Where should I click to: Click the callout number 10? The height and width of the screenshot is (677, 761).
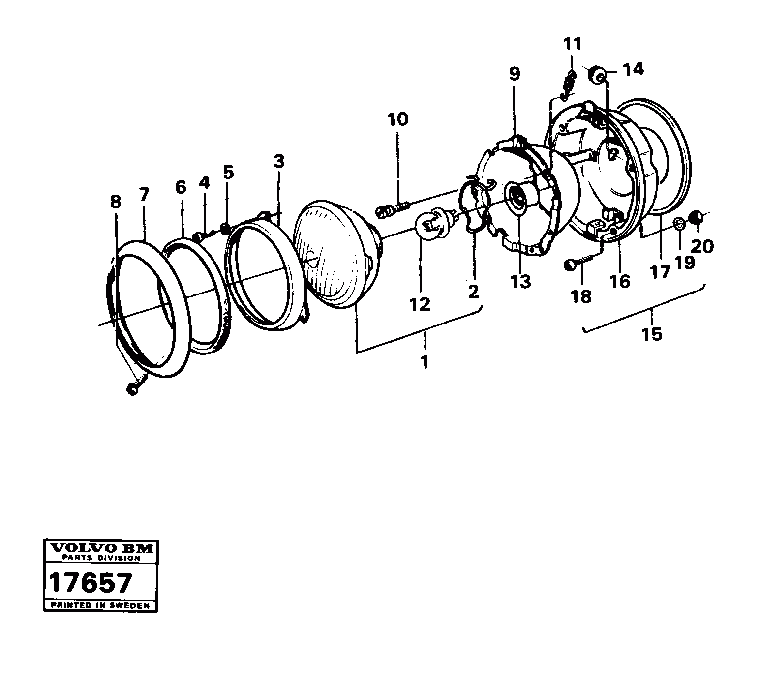397,119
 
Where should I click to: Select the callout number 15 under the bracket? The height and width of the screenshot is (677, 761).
652,334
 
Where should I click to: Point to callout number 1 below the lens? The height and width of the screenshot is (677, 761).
424,363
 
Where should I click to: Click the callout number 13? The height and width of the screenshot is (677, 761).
520,281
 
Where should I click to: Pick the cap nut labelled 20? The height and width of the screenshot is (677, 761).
696,216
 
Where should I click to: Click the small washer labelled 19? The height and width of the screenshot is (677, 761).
679,223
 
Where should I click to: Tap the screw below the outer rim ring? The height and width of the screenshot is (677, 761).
134,387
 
